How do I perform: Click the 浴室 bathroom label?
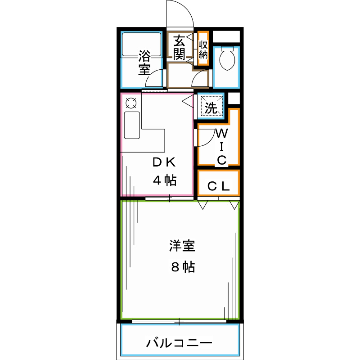pos(144,63)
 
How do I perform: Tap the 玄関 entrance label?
pos(179,47)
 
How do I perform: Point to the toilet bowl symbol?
pos(225,59)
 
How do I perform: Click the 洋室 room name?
pos(182,246)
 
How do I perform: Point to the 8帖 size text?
pos(182,267)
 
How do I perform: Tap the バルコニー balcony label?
pos(179,344)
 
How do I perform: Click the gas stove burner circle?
pos(130,103)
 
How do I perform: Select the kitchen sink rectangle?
pos(132,126)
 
